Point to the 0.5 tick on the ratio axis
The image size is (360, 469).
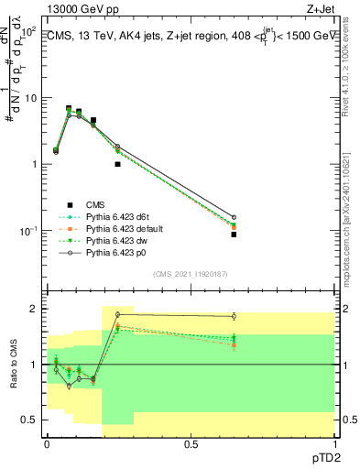(x=29, y=420)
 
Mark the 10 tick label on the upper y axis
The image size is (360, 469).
(x=27, y=97)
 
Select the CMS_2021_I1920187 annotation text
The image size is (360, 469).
(x=190, y=274)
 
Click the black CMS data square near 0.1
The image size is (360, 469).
(x=79, y=112)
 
